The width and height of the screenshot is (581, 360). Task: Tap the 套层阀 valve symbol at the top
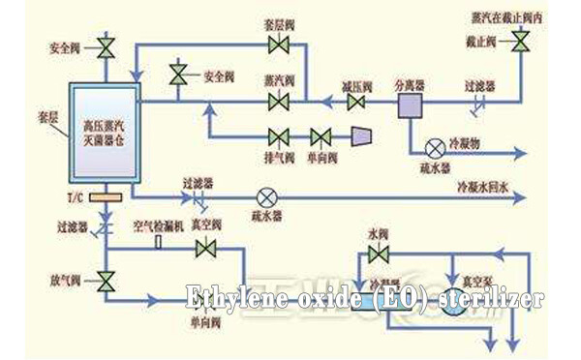[282, 45]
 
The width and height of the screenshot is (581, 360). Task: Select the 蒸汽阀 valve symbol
[282, 100]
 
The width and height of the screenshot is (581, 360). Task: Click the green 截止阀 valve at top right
[521, 40]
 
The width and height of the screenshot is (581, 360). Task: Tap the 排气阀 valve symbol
[282, 135]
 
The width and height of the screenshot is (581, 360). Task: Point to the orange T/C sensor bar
[101, 198]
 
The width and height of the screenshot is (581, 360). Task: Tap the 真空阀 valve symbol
[204, 249]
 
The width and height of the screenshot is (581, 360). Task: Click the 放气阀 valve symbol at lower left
[105, 281]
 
